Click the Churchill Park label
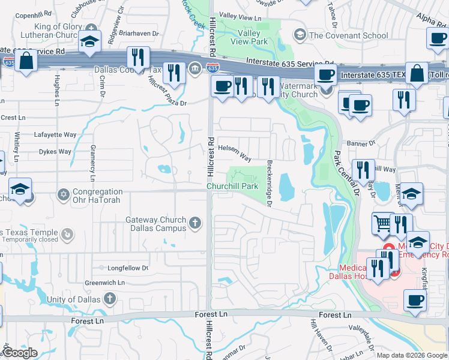pos(233,187)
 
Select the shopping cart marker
pos(382,224)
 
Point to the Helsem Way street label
pos(235,152)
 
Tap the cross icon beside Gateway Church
pos(194,224)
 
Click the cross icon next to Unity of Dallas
pos(109,298)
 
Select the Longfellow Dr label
pos(127,268)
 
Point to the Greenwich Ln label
pos(104,282)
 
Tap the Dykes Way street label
pos(55,152)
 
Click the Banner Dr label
pos(361,143)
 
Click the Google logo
pos(20,353)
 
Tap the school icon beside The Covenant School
pos(299,35)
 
